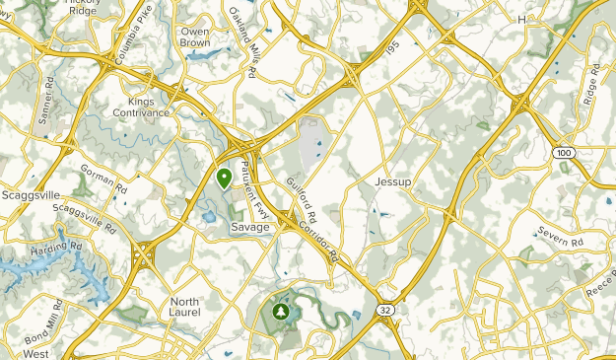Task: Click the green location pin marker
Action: (x=224, y=179)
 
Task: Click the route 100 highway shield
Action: (x=563, y=152)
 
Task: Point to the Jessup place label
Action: (x=392, y=182)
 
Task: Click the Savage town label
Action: (x=248, y=227)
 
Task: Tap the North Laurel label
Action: (x=185, y=307)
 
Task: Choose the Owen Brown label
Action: (x=194, y=36)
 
